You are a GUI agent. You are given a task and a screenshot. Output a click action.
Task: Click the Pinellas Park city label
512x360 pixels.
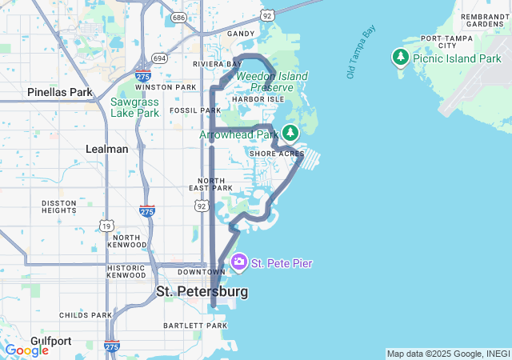(x=60, y=93)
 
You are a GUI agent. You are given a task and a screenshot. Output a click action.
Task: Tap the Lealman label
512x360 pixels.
(x=107, y=149)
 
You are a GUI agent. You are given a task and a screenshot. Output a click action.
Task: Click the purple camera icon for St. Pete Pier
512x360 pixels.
(x=239, y=262)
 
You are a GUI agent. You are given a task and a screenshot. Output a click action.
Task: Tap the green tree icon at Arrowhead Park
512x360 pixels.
(x=290, y=132)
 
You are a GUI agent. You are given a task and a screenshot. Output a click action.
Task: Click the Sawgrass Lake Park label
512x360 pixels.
(x=134, y=107)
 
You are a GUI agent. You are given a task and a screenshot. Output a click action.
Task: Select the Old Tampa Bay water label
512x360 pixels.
(x=362, y=52)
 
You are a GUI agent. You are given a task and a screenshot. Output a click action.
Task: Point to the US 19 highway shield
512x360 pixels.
(x=106, y=226)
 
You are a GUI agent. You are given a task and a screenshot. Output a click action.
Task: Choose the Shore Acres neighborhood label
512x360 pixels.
(x=277, y=153)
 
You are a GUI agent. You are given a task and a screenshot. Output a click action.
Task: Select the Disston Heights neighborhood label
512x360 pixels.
(x=59, y=206)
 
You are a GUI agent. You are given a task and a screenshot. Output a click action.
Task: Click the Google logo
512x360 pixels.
(x=26, y=350)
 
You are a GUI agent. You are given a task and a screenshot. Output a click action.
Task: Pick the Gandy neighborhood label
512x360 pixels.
(x=241, y=34)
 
